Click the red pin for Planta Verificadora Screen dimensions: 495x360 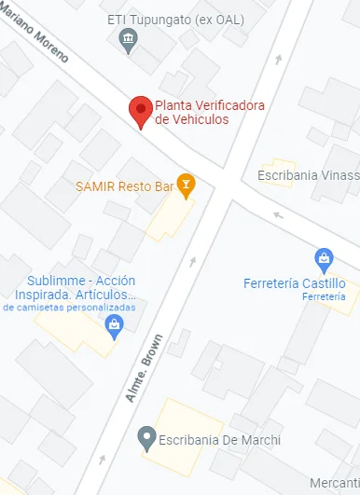pos(140,111)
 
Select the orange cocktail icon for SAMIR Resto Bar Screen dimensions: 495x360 pos(187,185)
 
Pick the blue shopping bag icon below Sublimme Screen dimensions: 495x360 pos(114,324)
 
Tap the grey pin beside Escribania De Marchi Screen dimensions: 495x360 pos(145,436)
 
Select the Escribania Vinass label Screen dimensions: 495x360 pos(308,174)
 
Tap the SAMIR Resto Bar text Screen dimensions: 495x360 pos(126,186)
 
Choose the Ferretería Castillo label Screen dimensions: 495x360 pos(294,283)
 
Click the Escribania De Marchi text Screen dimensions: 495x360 pos(221,439)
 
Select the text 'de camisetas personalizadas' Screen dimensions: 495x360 pos(69,307)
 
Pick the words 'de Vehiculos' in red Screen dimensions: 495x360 pos(191,119)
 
